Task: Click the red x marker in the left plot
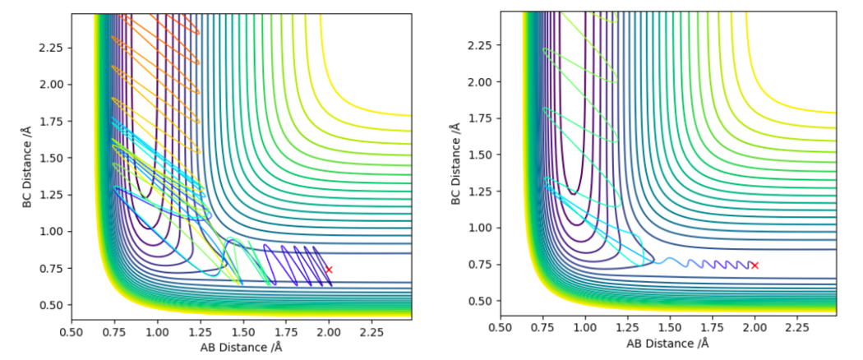[329, 270]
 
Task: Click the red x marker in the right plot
[755, 265]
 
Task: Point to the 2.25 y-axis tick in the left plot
[53, 47]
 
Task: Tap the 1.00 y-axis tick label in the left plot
[53, 231]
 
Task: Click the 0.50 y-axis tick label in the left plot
[53, 305]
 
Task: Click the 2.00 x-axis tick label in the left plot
[329, 332]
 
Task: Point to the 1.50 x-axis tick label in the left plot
[242, 332]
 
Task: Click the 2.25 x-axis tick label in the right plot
[797, 328]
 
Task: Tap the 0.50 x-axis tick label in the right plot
[501, 328]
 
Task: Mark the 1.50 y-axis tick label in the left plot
[53, 157]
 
